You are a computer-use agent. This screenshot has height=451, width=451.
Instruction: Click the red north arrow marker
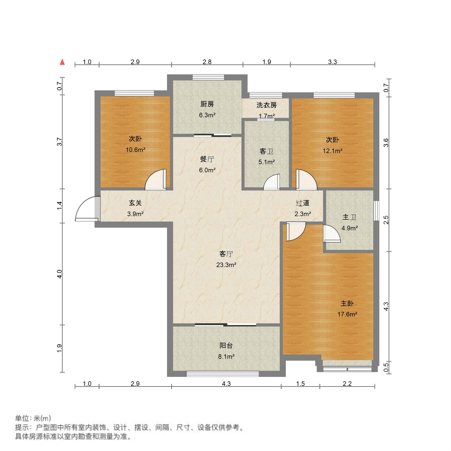(x=62, y=62)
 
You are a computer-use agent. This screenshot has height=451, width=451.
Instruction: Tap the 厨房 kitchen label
(x=207, y=104)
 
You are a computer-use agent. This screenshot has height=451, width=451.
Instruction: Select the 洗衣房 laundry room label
(x=266, y=105)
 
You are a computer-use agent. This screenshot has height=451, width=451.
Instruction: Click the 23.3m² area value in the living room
(x=226, y=265)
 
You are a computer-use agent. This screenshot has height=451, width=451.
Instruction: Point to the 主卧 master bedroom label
(x=347, y=303)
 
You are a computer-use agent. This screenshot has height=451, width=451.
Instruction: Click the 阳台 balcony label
(x=226, y=345)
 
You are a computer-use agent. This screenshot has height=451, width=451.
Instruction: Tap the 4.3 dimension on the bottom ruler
(x=226, y=384)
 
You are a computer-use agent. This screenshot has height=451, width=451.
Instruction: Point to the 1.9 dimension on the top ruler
(x=267, y=62)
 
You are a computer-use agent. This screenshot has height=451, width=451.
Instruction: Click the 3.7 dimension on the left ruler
(x=60, y=142)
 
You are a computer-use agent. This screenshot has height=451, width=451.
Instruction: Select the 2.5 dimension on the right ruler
(x=386, y=220)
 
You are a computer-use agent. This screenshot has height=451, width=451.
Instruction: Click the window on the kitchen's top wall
(x=208, y=77)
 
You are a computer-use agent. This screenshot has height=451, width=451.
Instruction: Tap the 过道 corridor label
(x=303, y=203)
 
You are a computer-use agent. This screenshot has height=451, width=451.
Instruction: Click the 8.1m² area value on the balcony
(x=226, y=356)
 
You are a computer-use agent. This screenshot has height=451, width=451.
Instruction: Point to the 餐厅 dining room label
(x=207, y=159)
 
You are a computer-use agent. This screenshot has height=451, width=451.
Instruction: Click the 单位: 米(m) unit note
(x=33, y=418)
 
